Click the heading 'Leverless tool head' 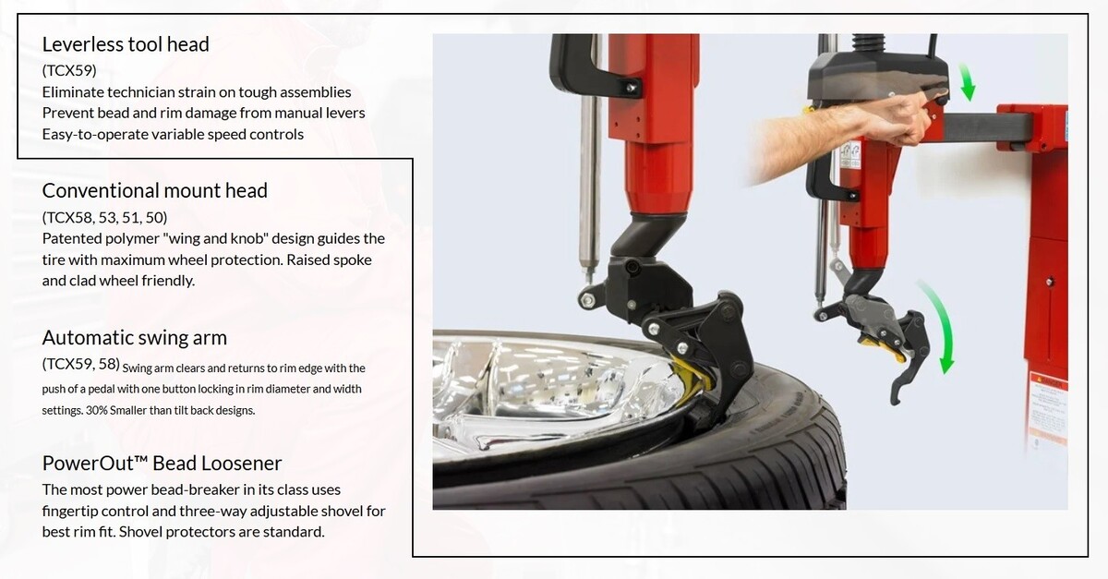point(126,44)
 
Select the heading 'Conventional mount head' point(155,190)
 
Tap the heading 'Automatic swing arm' point(135,338)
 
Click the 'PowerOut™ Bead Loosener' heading point(162,464)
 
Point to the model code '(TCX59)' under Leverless point(69,71)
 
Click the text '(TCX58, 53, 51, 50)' point(105,217)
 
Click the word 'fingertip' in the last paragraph point(70,512)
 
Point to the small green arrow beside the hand point(967,82)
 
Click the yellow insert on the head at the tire point(692,374)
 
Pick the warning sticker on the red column point(1048,405)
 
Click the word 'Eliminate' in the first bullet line point(73,92)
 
